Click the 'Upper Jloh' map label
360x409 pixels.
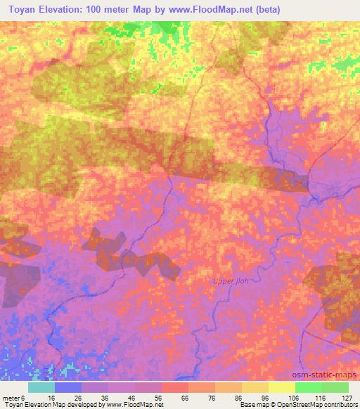(231, 283)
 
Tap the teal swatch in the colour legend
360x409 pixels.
(41, 387)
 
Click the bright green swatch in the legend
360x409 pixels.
(308, 387)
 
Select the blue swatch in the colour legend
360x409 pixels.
(68, 387)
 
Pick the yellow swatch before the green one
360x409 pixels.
(281, 387)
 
